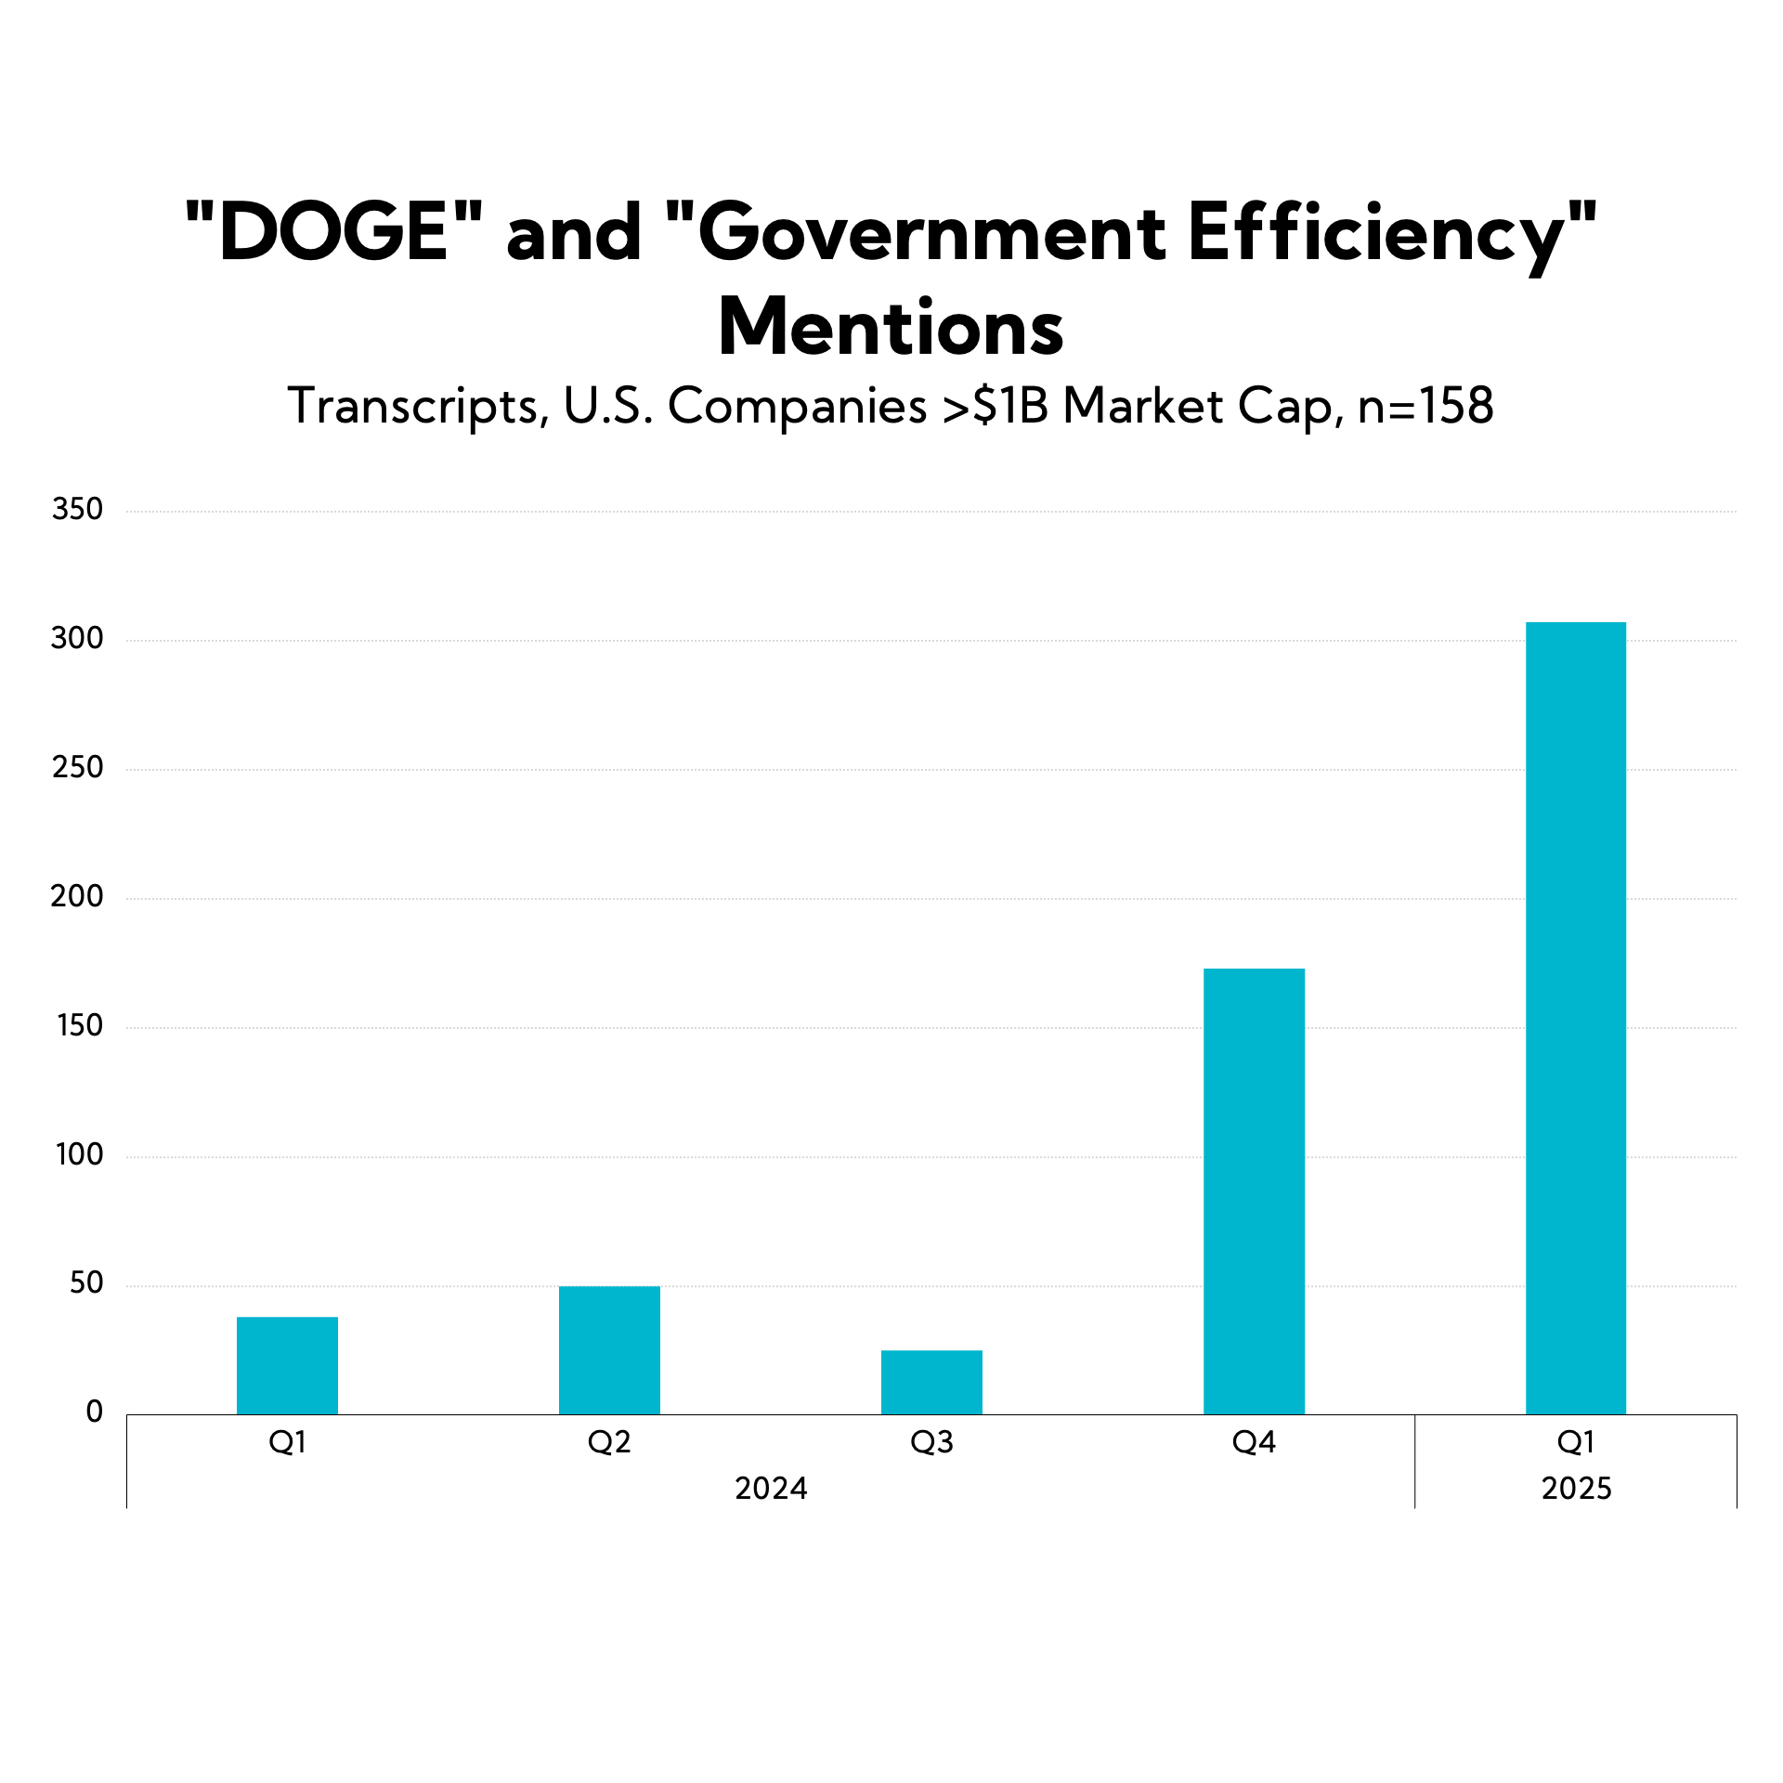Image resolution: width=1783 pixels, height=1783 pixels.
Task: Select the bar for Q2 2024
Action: click(x=609, y=1350)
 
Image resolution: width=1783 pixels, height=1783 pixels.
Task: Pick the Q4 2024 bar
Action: click(x=1254, y=1191)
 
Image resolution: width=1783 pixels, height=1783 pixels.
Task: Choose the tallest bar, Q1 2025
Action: click(x=1576, y=1018)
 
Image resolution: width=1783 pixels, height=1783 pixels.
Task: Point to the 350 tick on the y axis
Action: click(x=77, y=509)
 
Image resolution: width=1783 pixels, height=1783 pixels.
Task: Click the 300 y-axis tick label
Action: click(x=77, y=638)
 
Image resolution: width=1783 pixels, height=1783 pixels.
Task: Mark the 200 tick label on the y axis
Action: click(x=77, y=896)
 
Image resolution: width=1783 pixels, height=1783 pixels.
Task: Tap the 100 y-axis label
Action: click(x=79, y=1154)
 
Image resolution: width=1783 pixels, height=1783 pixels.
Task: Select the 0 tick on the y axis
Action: click(x=94, y=1412)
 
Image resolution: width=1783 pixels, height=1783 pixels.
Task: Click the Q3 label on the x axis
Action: click(x=931, y=1442)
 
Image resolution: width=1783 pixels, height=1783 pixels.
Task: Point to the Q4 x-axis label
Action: click(x=1254, y=1442)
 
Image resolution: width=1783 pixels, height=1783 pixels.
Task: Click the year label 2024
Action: click(x=771, y=1489)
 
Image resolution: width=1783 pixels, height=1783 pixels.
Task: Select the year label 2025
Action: click(x=1576, y=1489)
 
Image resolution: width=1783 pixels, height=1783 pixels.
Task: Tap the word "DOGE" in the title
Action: click(x=334, y=232)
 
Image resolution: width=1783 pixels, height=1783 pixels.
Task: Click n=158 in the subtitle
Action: click(x=1425, y=406)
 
